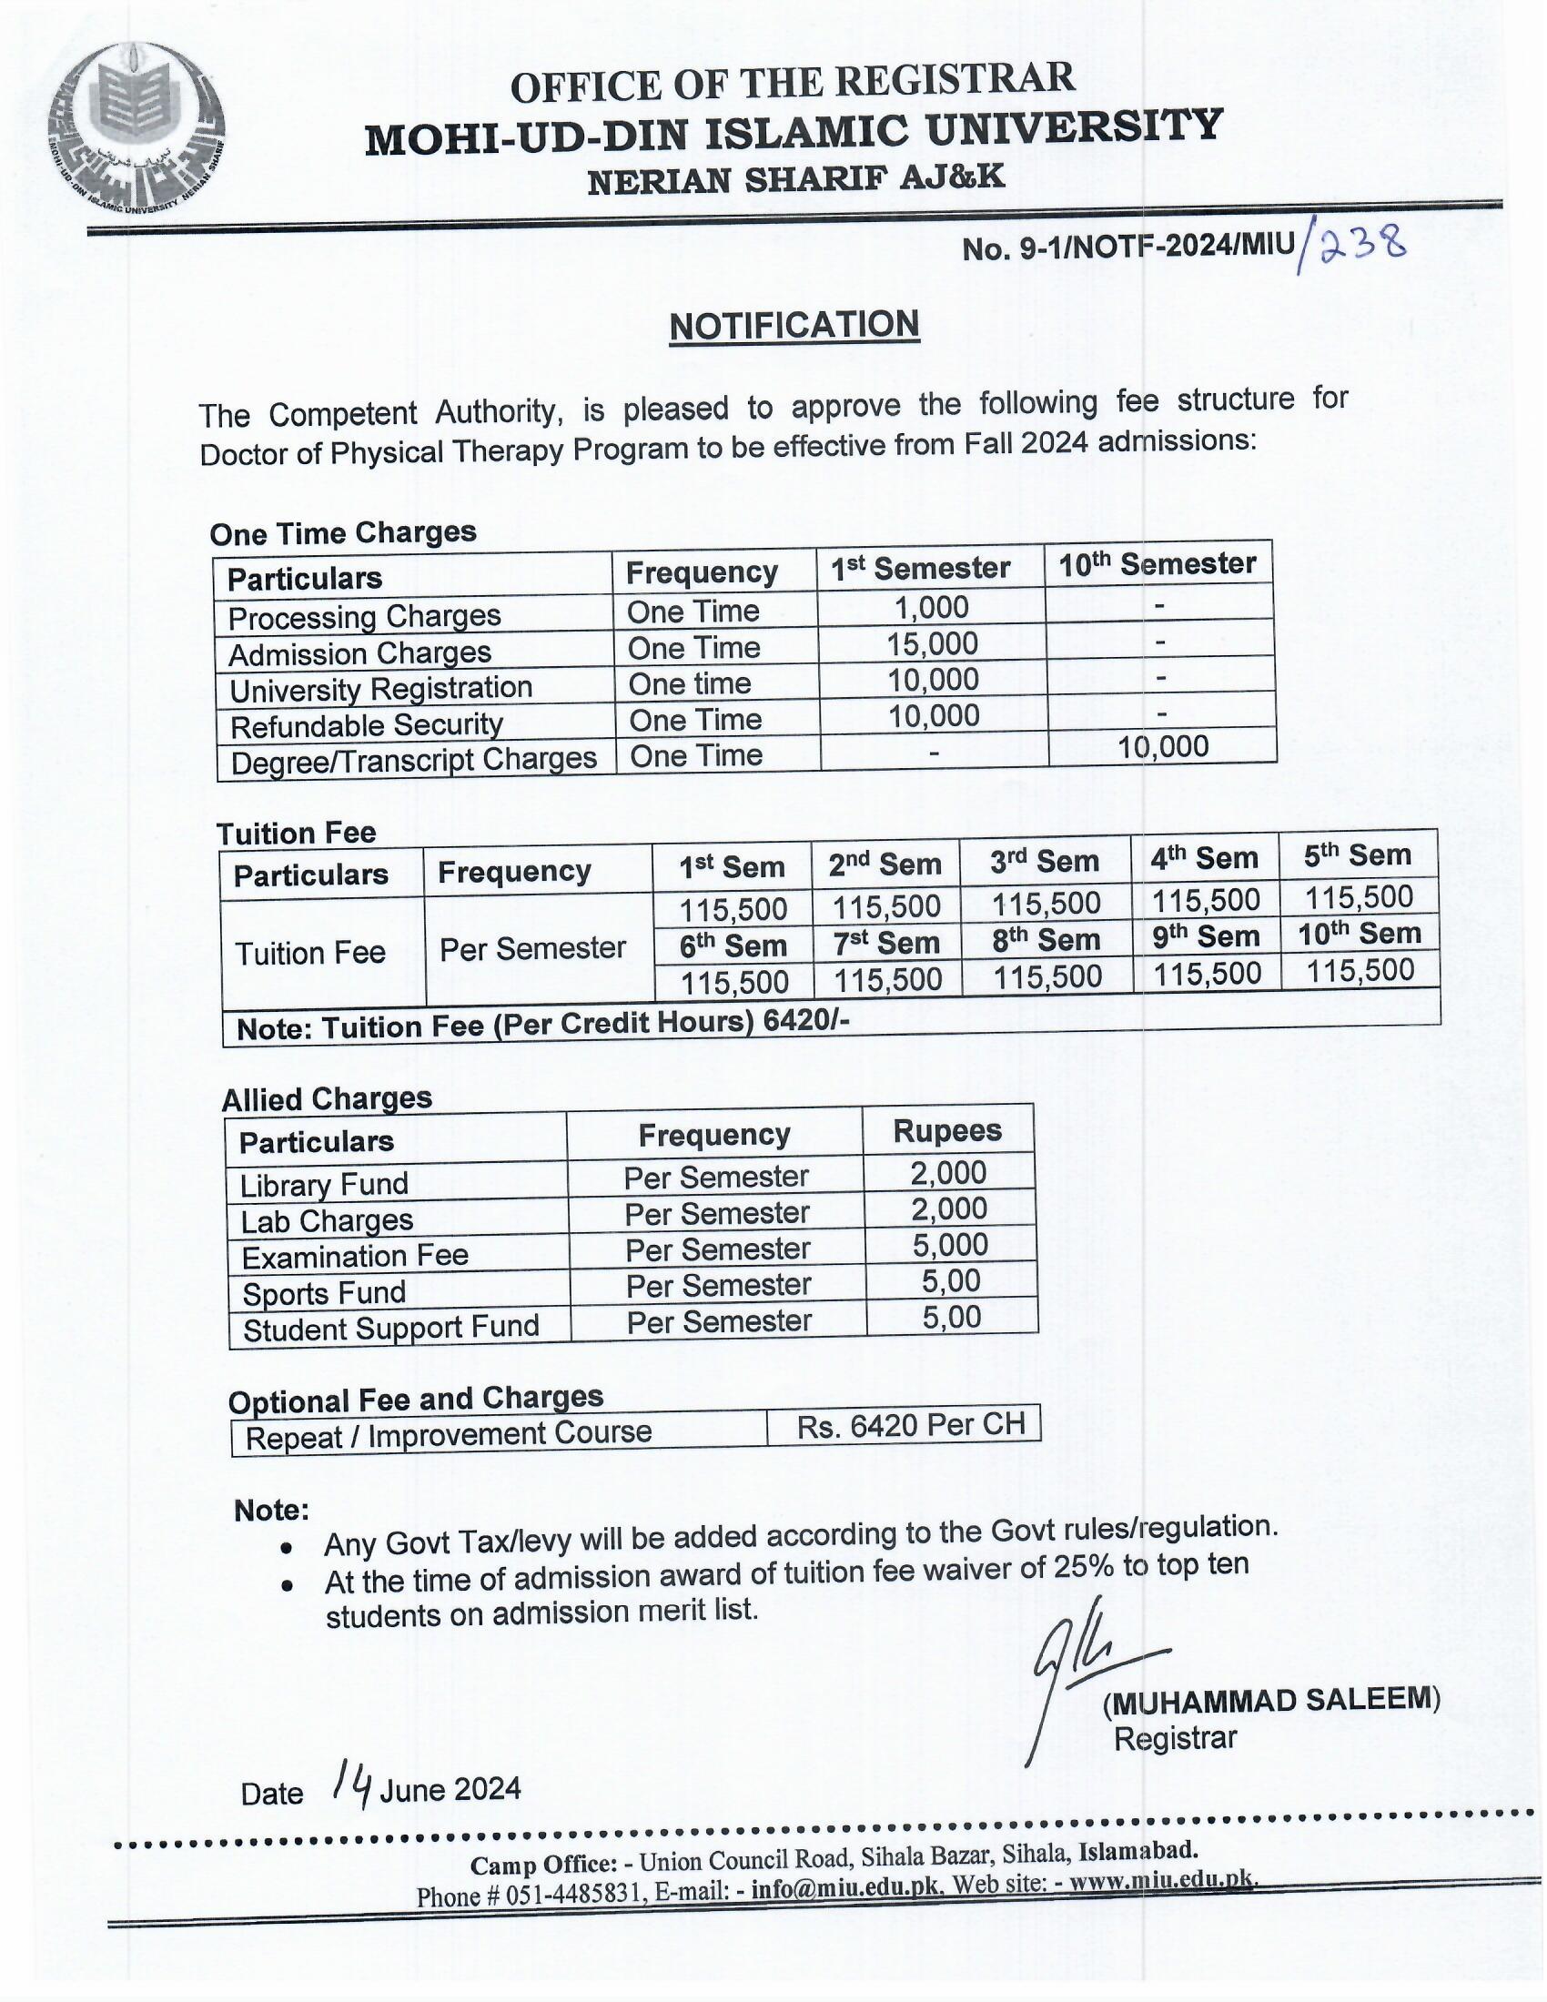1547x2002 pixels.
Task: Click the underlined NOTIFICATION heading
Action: (794, 326)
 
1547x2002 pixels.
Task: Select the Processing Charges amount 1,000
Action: (932, 607)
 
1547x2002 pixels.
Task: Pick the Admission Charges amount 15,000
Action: (932, 643)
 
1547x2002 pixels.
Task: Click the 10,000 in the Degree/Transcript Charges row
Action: (1163, 746)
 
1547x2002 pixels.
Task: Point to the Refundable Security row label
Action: (367, 725)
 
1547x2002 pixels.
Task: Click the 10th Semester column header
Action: (1158, 564)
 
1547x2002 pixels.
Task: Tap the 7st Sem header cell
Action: (887, 944)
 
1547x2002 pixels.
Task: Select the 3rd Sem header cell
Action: (1045, 862)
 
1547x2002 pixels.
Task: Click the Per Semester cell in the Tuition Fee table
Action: (532, 949)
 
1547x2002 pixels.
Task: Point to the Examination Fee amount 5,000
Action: (949, 1245)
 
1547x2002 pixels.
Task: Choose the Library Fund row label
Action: (324, 1184)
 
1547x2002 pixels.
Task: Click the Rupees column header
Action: (947, 1130)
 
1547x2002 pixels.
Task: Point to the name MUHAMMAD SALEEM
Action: (1272, 1701)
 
